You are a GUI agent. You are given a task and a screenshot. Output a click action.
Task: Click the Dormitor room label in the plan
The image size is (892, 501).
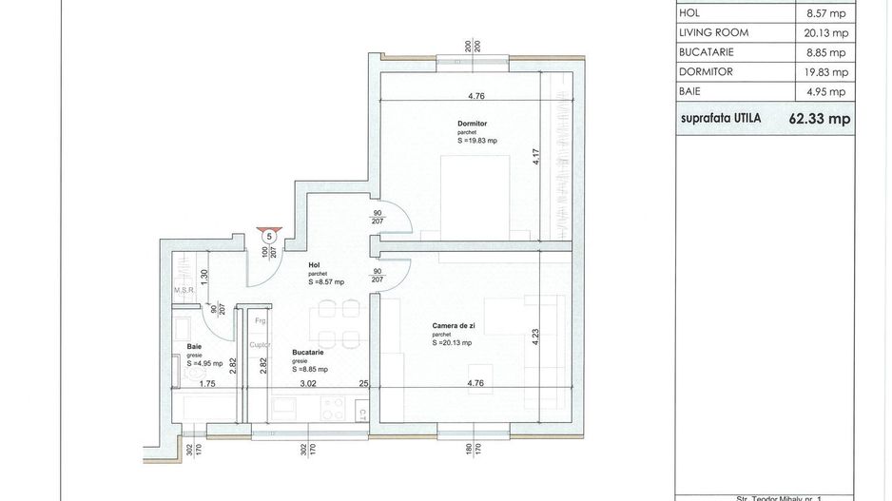tap(471, 123)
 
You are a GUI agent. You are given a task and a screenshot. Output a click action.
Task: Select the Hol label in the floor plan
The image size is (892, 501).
tap(313, 265)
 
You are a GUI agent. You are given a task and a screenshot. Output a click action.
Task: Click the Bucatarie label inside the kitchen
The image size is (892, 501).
tap(309, 353)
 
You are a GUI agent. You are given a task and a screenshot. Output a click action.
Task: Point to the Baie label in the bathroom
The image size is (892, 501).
tap(194, 347)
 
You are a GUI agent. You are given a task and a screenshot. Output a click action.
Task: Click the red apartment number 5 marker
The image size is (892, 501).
tap(269, 235)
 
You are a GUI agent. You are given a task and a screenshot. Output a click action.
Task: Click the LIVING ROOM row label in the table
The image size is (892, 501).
tap(713, 32)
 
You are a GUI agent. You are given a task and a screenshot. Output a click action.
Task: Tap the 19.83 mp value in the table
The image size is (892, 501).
tap(825, 71)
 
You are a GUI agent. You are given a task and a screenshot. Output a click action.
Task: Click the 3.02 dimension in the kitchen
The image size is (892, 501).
tap(307, 385)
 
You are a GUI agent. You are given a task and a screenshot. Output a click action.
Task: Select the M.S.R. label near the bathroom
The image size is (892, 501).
tap(184, 291)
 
